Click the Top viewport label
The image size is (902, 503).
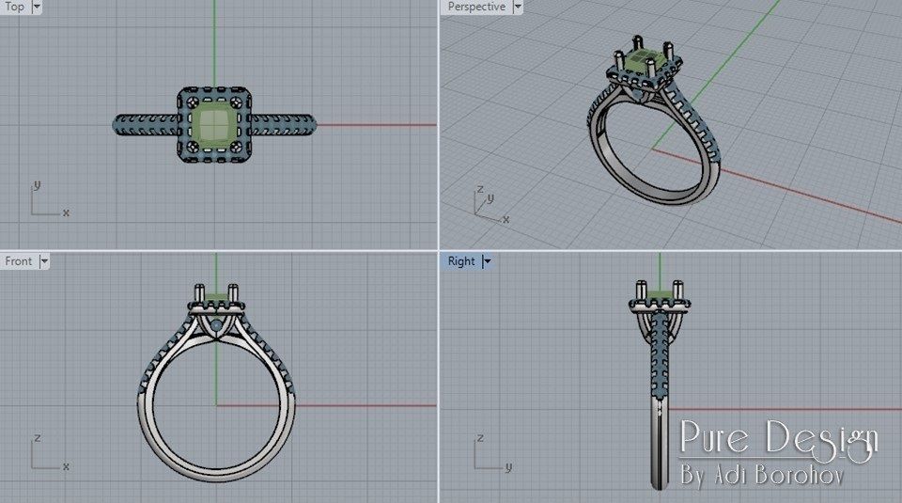15,7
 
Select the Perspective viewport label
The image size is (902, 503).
476,7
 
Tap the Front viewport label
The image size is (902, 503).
18,261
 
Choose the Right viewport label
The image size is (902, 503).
461,261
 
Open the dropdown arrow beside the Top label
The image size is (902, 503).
37,7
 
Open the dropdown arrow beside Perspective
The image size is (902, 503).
518,7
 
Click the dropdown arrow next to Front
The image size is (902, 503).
43,261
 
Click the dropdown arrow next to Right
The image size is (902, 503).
487,261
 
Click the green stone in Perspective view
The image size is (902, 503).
647,67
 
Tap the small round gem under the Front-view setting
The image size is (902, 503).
217,325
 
